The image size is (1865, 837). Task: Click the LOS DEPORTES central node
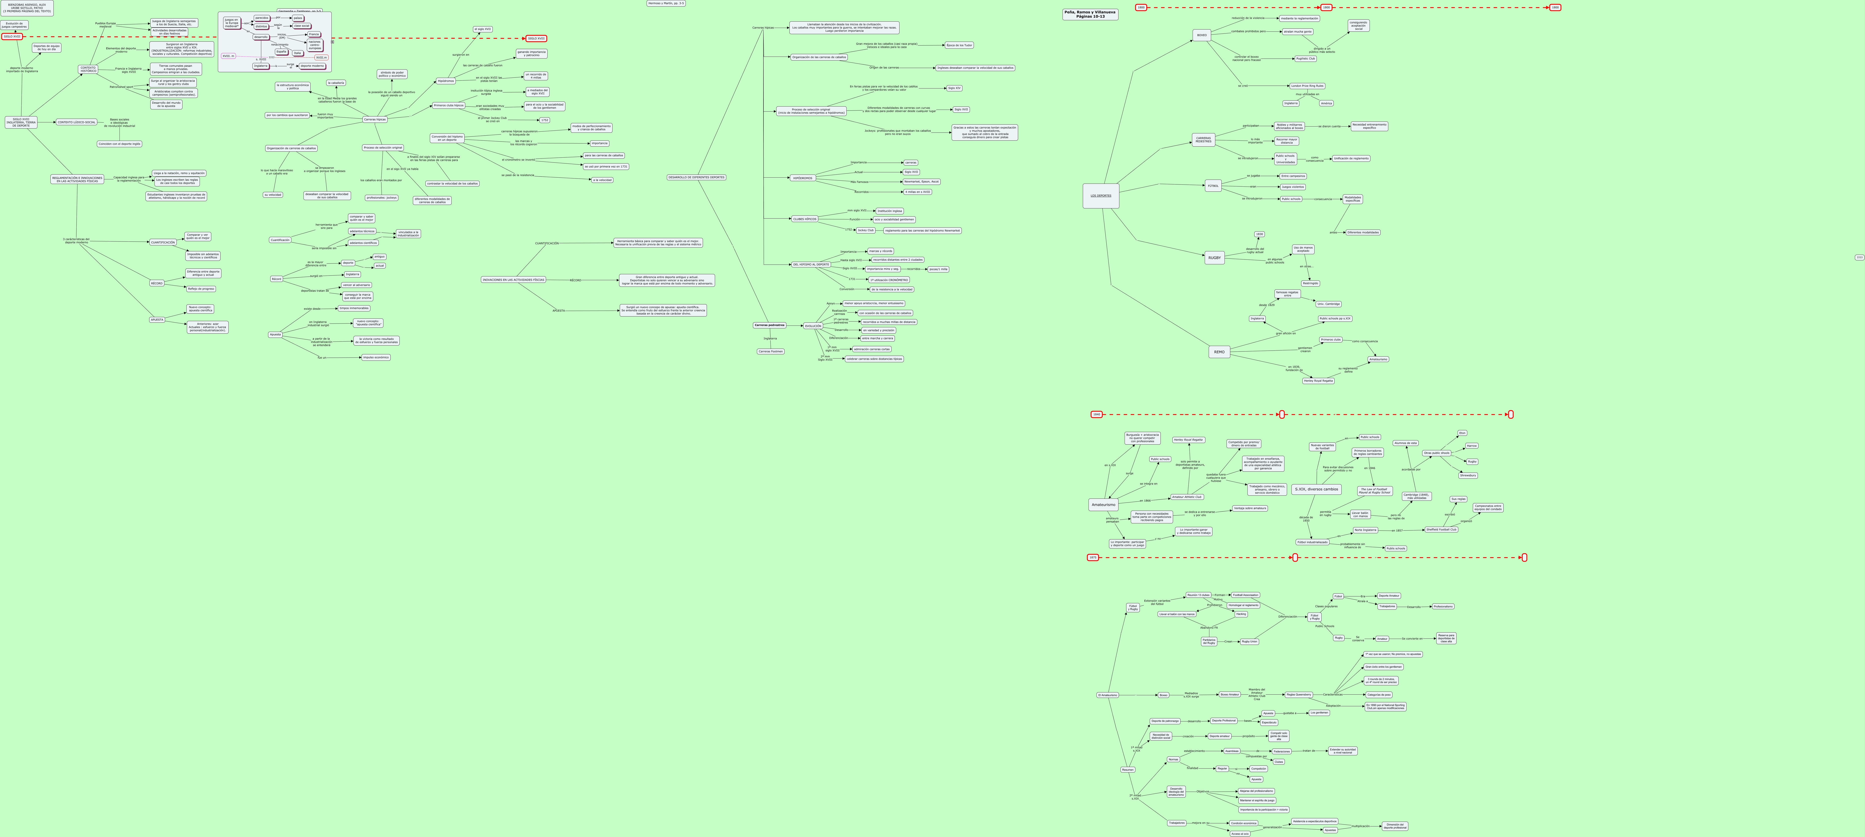click(1100, 195)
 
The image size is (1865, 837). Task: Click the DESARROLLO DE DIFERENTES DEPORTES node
click(697, 177)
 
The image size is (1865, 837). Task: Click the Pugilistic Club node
click(1305, 59)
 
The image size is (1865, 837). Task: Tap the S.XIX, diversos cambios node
click(1316, 489)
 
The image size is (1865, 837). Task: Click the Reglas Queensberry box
click(1298, 694)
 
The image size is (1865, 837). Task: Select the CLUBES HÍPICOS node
click(804, 219)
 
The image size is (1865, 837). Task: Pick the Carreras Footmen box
click(770, 351)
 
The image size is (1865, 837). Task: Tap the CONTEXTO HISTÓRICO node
click(88, 70)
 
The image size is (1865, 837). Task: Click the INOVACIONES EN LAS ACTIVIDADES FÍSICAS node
click(513, 280)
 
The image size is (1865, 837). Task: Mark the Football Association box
click(1245, 595)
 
